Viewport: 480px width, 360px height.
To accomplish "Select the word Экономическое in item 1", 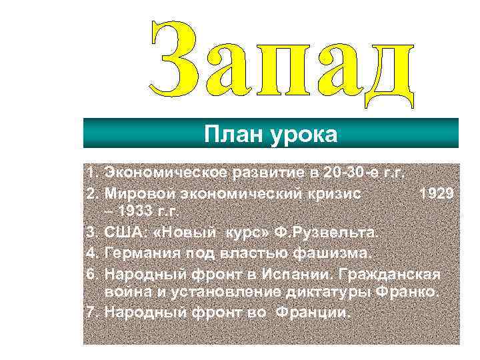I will click(x=167, y=175).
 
